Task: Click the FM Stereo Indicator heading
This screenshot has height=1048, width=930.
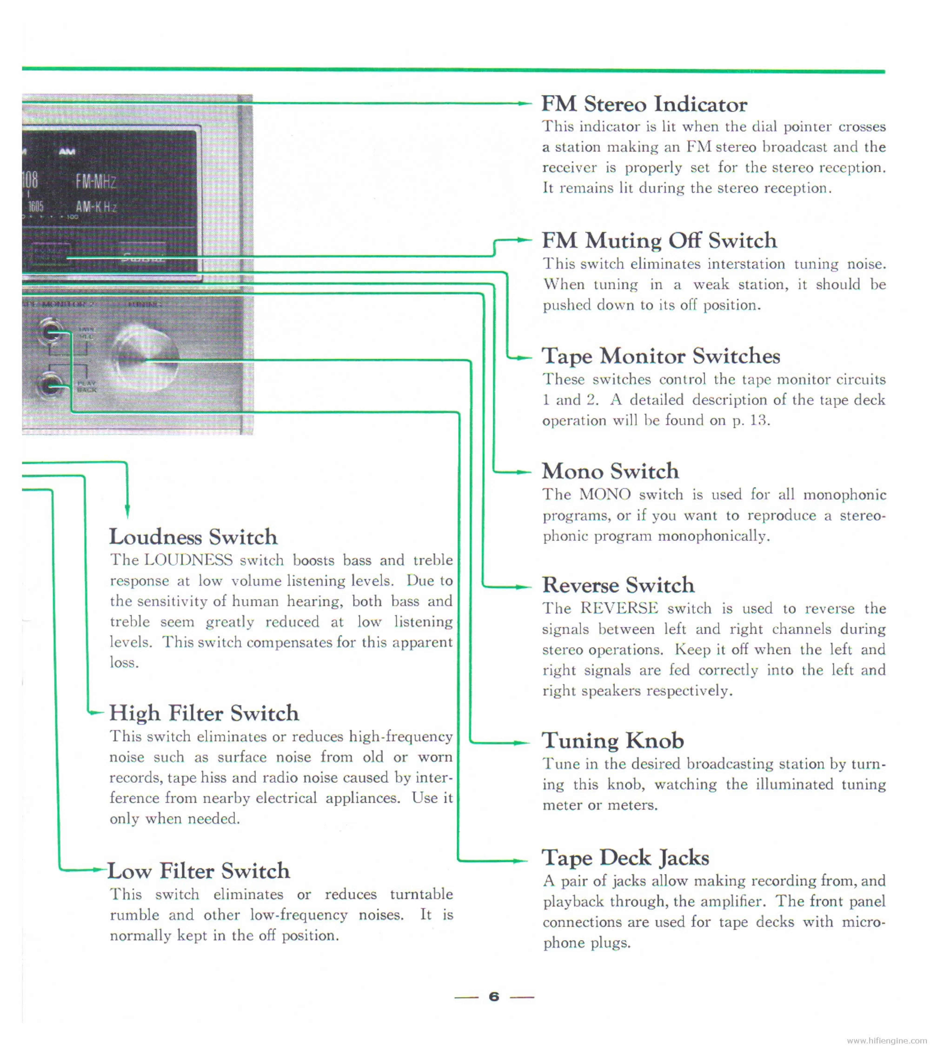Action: [644, 105]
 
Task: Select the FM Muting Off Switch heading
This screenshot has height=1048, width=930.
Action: [659, 240]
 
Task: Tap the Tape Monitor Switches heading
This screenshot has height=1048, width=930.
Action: [661, 356]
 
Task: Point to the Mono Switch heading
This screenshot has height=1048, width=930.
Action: [610, 471]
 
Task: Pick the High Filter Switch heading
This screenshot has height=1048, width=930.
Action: [204, 713]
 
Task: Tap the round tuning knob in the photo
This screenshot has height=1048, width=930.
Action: [146, 360]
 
